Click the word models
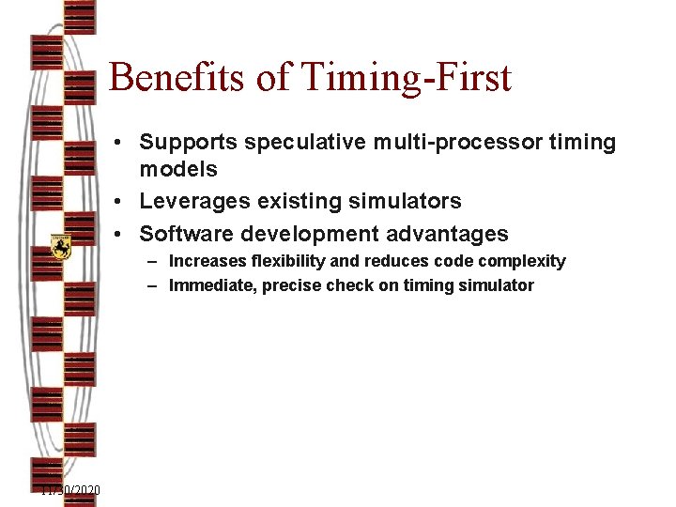(x=178, y=170)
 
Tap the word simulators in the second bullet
(x=405, y=202)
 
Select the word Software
(x=184, y=235)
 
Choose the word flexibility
(x=281, y=261)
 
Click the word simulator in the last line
(x=497, y=285)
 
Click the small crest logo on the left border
(x=61, y=247)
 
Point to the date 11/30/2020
(x=70, y=491)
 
